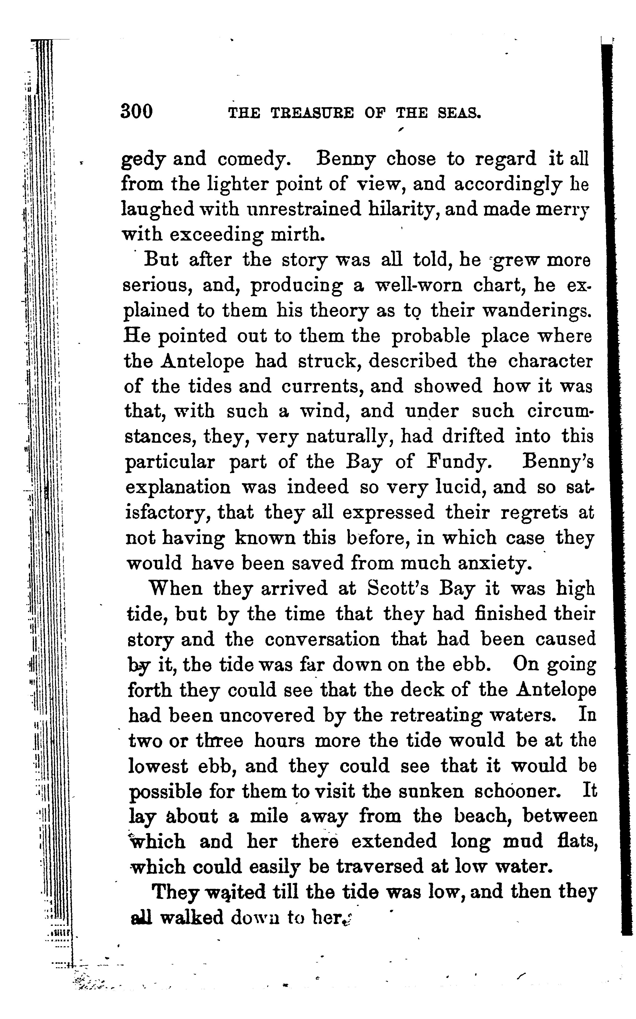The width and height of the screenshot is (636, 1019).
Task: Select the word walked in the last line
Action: point(192,918)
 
